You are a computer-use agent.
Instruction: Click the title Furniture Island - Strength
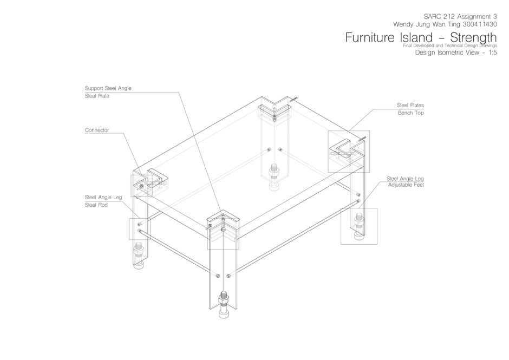421,38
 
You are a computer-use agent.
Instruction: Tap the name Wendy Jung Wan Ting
426,24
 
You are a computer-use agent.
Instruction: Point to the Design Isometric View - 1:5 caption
455,53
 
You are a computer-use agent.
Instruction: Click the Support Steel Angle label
108,88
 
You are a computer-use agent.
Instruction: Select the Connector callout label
96,130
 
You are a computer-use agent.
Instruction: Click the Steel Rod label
96,205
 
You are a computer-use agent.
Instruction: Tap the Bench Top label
410,113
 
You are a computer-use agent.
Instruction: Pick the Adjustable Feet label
406,185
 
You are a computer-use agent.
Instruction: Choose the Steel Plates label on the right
410,105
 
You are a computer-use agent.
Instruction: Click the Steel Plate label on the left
96,96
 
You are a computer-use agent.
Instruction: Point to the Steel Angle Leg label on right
404,178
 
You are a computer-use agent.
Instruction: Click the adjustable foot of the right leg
358,227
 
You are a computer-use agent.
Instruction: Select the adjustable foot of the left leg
139,257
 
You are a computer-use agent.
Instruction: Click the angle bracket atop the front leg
223,223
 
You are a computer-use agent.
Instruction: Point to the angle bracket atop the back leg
274,111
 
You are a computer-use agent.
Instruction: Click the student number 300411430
477,24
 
